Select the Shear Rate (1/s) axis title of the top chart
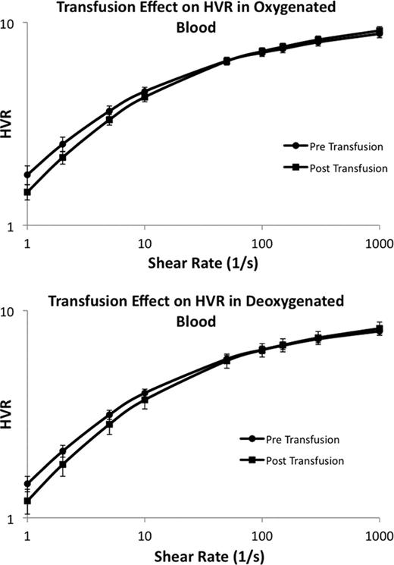point(203,262)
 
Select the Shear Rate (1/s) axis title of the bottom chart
point(203,554)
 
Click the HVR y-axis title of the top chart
point(8,126)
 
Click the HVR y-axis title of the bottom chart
point(8,416)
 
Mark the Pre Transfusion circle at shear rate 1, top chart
point(28,174)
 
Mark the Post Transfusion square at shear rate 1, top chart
point(28,193)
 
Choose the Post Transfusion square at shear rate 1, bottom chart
point(28,501)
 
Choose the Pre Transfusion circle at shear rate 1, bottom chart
point(28,484)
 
